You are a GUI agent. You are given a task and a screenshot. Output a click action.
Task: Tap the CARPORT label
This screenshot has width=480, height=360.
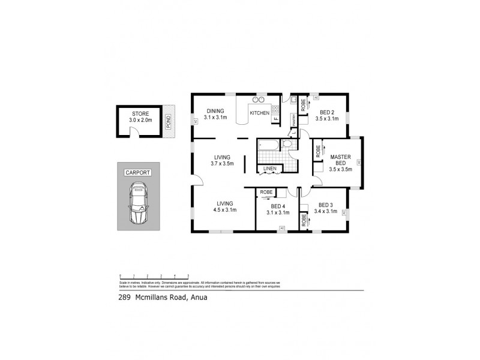[137, 173]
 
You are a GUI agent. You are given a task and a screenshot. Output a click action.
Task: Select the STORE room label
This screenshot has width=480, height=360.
[140, 113]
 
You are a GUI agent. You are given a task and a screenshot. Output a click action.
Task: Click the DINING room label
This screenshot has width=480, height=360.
[215, 111]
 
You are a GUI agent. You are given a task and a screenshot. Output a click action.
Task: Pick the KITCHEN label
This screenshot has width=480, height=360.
[259, 113]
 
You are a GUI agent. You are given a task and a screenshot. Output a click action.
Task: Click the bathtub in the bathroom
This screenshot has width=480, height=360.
[268, 145]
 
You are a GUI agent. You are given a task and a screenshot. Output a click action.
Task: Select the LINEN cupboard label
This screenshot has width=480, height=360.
[270, 169]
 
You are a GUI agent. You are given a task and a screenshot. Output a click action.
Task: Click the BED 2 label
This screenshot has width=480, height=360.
[327, 112]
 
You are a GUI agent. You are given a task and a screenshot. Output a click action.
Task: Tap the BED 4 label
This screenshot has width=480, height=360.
[279, 206]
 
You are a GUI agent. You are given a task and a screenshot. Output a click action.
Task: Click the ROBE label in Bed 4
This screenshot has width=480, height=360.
[266, 192]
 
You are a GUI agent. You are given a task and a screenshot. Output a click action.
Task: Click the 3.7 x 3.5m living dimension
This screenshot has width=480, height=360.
[221, 163]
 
